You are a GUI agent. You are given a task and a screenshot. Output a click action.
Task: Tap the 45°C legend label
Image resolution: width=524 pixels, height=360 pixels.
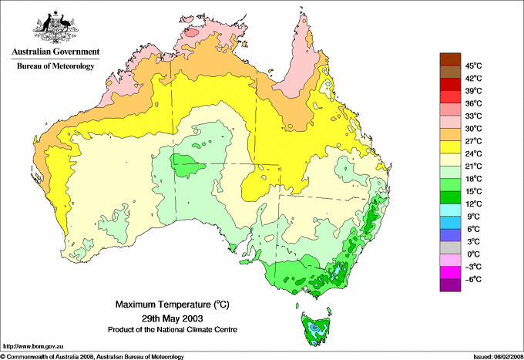[x=474, y=66]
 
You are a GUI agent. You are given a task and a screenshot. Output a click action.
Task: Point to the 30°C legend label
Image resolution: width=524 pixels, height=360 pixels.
[x=474, y=128]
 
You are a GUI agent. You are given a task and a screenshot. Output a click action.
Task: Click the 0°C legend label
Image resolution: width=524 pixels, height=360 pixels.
[x=474, y=254]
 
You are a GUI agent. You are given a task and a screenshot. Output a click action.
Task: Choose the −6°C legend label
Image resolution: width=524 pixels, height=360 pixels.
[x=474, y=279]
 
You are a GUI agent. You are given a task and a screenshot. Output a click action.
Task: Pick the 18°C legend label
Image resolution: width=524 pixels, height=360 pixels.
[x=474, y=178]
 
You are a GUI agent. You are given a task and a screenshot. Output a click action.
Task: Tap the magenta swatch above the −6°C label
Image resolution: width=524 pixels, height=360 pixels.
[x=449, y=273]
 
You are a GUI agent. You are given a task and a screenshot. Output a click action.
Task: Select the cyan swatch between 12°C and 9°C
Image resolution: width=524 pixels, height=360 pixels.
[x=449, y=210]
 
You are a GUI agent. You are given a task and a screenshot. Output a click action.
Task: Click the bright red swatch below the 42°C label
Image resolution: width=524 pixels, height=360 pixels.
[x=449, y=84]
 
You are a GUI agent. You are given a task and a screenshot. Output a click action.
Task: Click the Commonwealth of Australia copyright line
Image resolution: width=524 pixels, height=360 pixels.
[x=92, y=356]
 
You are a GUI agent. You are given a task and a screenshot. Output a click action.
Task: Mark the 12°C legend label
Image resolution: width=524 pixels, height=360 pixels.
[x=474, y=204]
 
